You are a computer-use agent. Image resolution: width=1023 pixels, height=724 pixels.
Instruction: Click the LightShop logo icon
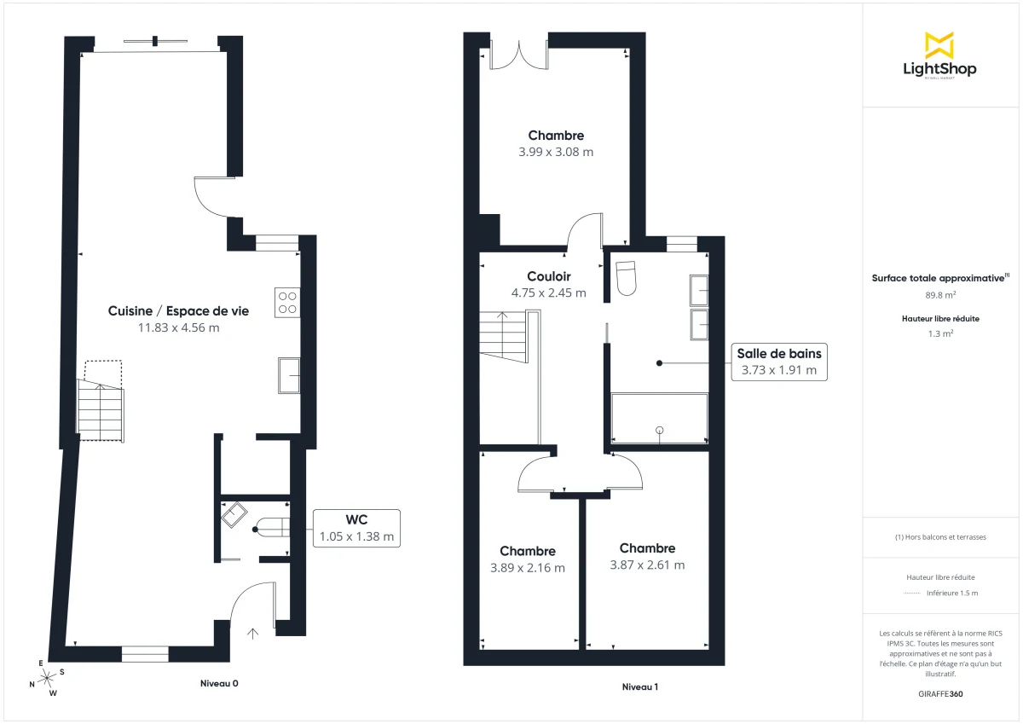[x=939, y=45]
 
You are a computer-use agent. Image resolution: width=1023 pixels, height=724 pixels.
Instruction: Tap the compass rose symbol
[x=48, y=678]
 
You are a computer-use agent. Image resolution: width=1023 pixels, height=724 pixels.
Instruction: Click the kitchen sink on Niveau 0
[x=288, y=376]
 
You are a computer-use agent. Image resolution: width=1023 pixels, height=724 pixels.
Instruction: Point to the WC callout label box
[x=356, y=528]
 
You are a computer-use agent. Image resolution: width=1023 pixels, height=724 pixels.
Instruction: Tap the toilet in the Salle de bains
[x=627, y=277]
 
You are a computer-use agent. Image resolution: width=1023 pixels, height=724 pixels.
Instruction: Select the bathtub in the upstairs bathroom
[x=659, y=418]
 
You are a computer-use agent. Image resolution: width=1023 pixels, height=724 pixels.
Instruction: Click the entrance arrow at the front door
[x=252, y=633]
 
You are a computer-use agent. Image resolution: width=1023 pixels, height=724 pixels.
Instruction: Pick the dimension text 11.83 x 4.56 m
[x=178, y=327]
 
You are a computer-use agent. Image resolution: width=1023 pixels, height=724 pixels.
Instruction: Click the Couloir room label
[x=548, y=276]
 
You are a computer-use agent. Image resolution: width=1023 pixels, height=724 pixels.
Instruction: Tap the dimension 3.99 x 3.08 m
[x=555, y=152]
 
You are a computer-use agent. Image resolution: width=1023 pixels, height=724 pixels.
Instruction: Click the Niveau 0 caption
[x=219, y=683]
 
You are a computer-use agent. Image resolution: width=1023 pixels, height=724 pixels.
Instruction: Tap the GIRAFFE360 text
[x=940, y=693]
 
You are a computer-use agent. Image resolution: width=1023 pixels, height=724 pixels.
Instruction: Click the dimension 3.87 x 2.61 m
[x=647, y=565]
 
